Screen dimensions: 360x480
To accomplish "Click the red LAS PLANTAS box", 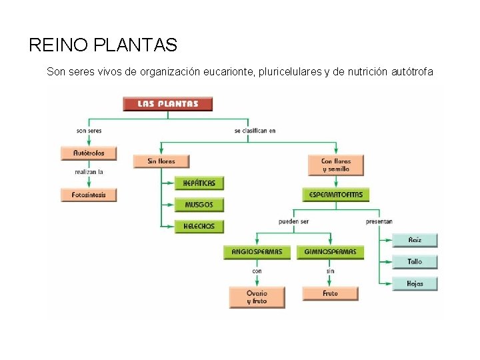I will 168,104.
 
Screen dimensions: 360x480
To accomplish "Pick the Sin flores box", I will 161,161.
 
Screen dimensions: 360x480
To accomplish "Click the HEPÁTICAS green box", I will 199,183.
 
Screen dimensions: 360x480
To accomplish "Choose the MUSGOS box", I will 199,205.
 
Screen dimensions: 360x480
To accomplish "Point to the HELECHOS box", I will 199,227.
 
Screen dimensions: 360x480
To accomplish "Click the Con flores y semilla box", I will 335,165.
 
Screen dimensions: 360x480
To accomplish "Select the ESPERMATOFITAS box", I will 335,195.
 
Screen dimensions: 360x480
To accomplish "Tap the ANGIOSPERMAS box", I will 257,253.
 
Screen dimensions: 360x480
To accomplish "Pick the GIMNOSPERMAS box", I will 330,253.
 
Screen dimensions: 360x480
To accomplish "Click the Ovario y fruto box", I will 257,297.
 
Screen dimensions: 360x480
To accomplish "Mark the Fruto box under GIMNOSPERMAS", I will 330,293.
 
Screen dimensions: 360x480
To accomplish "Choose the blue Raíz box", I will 415,240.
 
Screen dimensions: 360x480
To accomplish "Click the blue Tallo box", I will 415,262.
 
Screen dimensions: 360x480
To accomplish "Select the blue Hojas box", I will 415,284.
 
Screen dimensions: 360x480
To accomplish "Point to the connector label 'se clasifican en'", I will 255,131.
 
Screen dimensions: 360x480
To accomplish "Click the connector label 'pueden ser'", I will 293,221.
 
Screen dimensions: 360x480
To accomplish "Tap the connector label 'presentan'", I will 379,221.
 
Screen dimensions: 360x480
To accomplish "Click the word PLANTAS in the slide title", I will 136,45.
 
